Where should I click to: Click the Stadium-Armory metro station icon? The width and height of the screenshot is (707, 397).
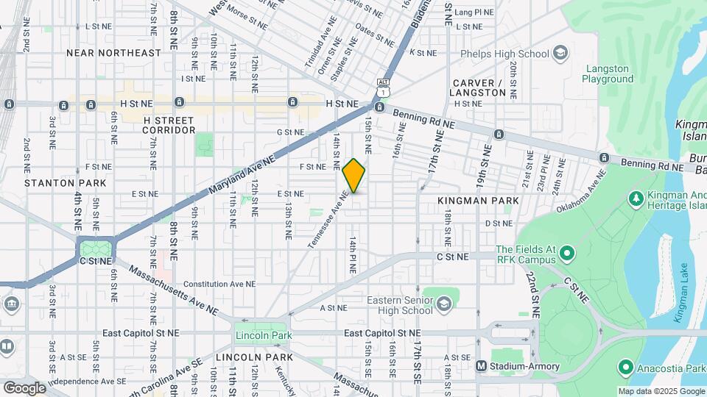(x=481, y=365)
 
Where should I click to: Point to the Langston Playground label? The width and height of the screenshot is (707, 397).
(x=608, y=74)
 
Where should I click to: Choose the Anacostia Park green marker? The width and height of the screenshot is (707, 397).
(x=625, y=365)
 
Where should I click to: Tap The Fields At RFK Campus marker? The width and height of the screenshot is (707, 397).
(x=566, y=254)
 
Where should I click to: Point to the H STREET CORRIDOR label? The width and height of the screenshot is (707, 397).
(x=169, y=125)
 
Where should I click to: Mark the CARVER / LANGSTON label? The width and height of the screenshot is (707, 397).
(x=479, y=87)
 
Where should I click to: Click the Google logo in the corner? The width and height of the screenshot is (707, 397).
(x=24, y=387)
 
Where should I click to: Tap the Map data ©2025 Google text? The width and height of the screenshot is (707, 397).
(x=661, y=391)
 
